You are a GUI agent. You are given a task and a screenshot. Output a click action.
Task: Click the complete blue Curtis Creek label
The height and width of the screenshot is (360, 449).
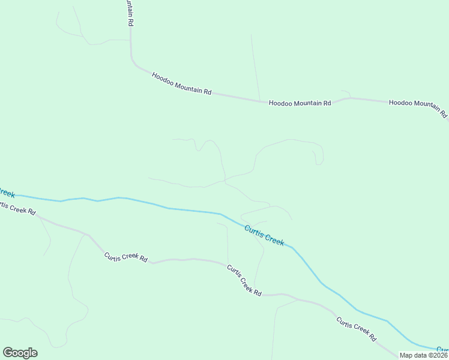(264, 235)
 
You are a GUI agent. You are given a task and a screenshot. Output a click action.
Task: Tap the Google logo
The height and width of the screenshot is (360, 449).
(20, 353)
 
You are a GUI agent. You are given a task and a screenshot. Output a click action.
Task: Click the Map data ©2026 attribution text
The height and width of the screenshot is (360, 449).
(423, 355)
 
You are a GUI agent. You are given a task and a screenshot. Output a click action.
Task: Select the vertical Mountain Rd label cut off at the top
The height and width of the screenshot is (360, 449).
(129, 12)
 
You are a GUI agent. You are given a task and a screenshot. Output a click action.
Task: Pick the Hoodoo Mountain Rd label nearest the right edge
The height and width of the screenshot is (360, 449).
(418, 107)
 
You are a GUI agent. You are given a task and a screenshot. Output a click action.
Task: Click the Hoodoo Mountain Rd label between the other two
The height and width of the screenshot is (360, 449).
(300, 103)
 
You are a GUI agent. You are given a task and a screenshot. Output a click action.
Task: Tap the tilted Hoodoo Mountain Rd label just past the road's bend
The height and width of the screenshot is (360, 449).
(181, 84)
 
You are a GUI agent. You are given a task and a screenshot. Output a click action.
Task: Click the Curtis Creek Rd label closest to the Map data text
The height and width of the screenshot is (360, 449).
(356, 328)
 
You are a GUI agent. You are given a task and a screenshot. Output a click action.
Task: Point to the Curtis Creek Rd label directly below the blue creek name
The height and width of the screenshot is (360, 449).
(244, 280)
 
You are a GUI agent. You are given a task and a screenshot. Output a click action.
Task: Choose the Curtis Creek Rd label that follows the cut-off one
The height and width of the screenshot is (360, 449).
(125, 257)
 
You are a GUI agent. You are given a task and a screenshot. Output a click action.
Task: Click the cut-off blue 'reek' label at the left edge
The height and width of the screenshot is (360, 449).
(7, 193)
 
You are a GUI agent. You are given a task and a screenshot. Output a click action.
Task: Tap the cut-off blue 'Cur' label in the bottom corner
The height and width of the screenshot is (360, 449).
(442, 349)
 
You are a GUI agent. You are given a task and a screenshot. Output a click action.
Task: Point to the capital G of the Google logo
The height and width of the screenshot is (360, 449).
(8, 353)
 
